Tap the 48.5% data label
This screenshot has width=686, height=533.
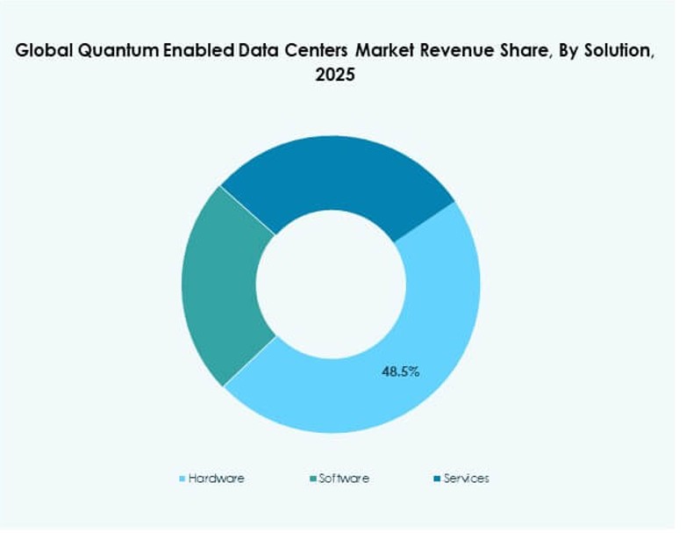400,371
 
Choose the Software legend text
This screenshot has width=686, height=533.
344,479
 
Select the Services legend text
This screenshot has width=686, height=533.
466,479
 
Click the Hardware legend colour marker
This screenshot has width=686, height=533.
182,479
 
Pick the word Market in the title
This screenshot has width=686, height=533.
379,52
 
